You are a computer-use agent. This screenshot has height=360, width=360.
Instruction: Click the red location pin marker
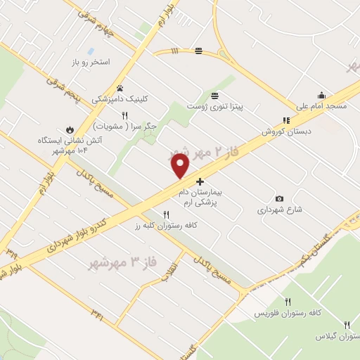point(181,166)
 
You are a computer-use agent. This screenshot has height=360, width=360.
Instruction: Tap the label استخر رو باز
point(90,63)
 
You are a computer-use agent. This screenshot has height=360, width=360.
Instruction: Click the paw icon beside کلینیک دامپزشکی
point(120,89)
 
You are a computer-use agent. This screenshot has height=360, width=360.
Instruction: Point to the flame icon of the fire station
point(70,129)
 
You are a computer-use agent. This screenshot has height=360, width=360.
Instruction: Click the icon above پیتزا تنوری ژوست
point(214,95)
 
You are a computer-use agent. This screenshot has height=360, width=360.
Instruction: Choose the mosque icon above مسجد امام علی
point(321,96)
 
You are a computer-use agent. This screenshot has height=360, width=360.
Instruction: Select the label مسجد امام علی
point(321,106)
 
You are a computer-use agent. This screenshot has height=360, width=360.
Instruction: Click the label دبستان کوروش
point(286,131)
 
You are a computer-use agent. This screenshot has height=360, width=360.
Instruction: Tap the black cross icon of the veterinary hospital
point(200,181)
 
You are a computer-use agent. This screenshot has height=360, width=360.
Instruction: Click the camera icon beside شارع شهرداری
point(280,199)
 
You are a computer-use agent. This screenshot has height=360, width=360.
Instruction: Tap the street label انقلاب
point(171,271)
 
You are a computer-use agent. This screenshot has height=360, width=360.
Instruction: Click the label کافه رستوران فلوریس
point(279,311)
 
